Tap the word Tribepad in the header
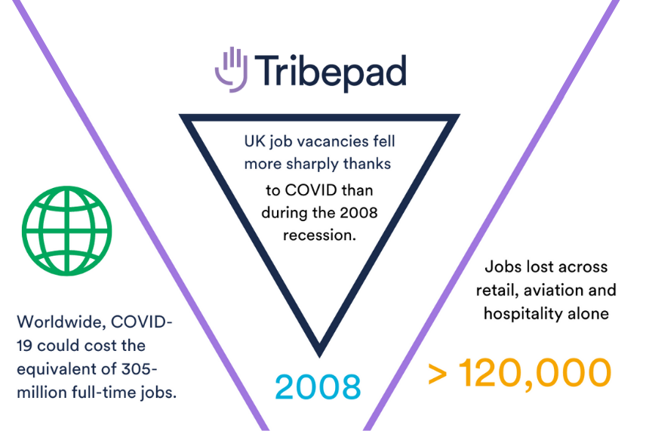330,72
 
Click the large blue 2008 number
317,386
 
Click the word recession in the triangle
318,235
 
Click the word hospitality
523,313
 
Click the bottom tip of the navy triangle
319,351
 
